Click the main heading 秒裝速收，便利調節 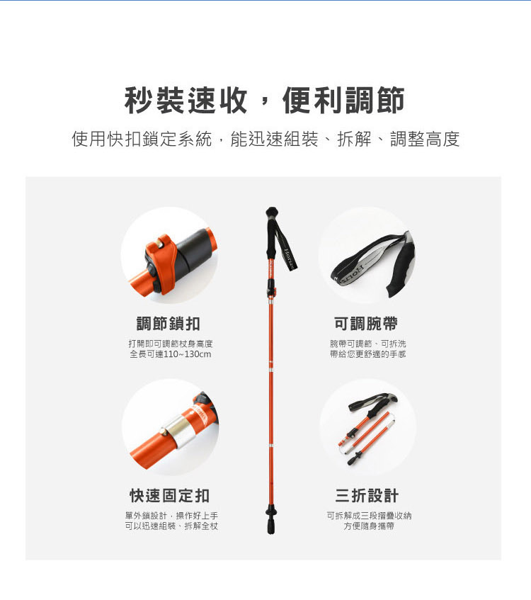pyautogui.click(x=264, y=101)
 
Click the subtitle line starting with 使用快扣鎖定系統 pyautogui.click(x=265, y=139)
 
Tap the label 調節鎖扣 pyautogui.click(x=169, y=324)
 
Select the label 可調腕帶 pyautogui.click(x=366, y=324)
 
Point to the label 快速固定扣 pyautogui.click(x=169, y=496)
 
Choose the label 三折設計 pyautogui.click(x=367, y=496)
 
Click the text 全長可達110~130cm pyautogui.click(x=170, y=354)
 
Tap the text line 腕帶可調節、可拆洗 pyautogui.click(x=367, y=344)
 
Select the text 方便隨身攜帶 pyautogui.click(x=369, y=526)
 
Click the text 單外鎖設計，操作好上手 pyautogui.click(x=171, y=516)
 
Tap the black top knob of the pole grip pyautogui.click(x=272, y=212)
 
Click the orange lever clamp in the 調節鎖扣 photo pyautogui.click(x=163, y=264)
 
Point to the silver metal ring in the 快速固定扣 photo pyautogui.click(x=178, y=432)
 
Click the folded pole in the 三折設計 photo pyautogui.click(x=367, y=431)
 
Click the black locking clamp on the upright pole pyautogui.click(x=271, y=288)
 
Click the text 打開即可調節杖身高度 pyautogui.click(x=170, y=344)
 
